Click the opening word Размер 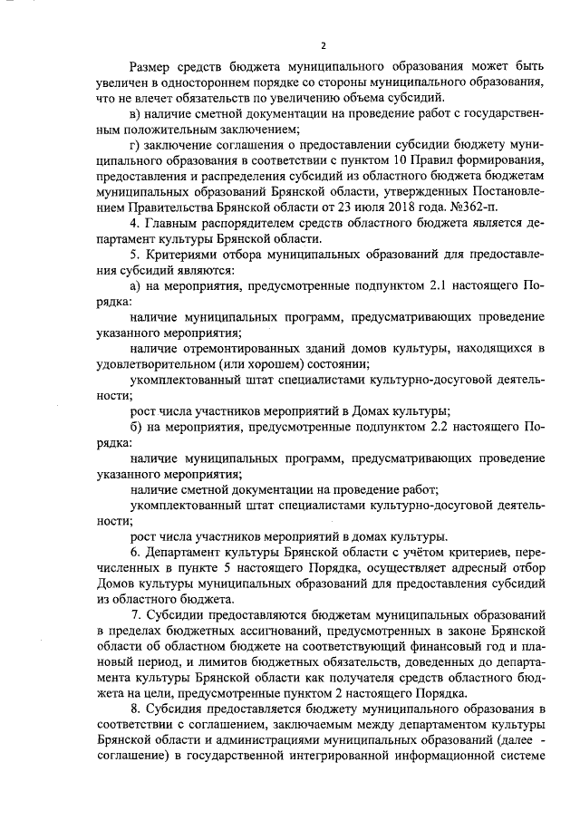click(x=154, y=67)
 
